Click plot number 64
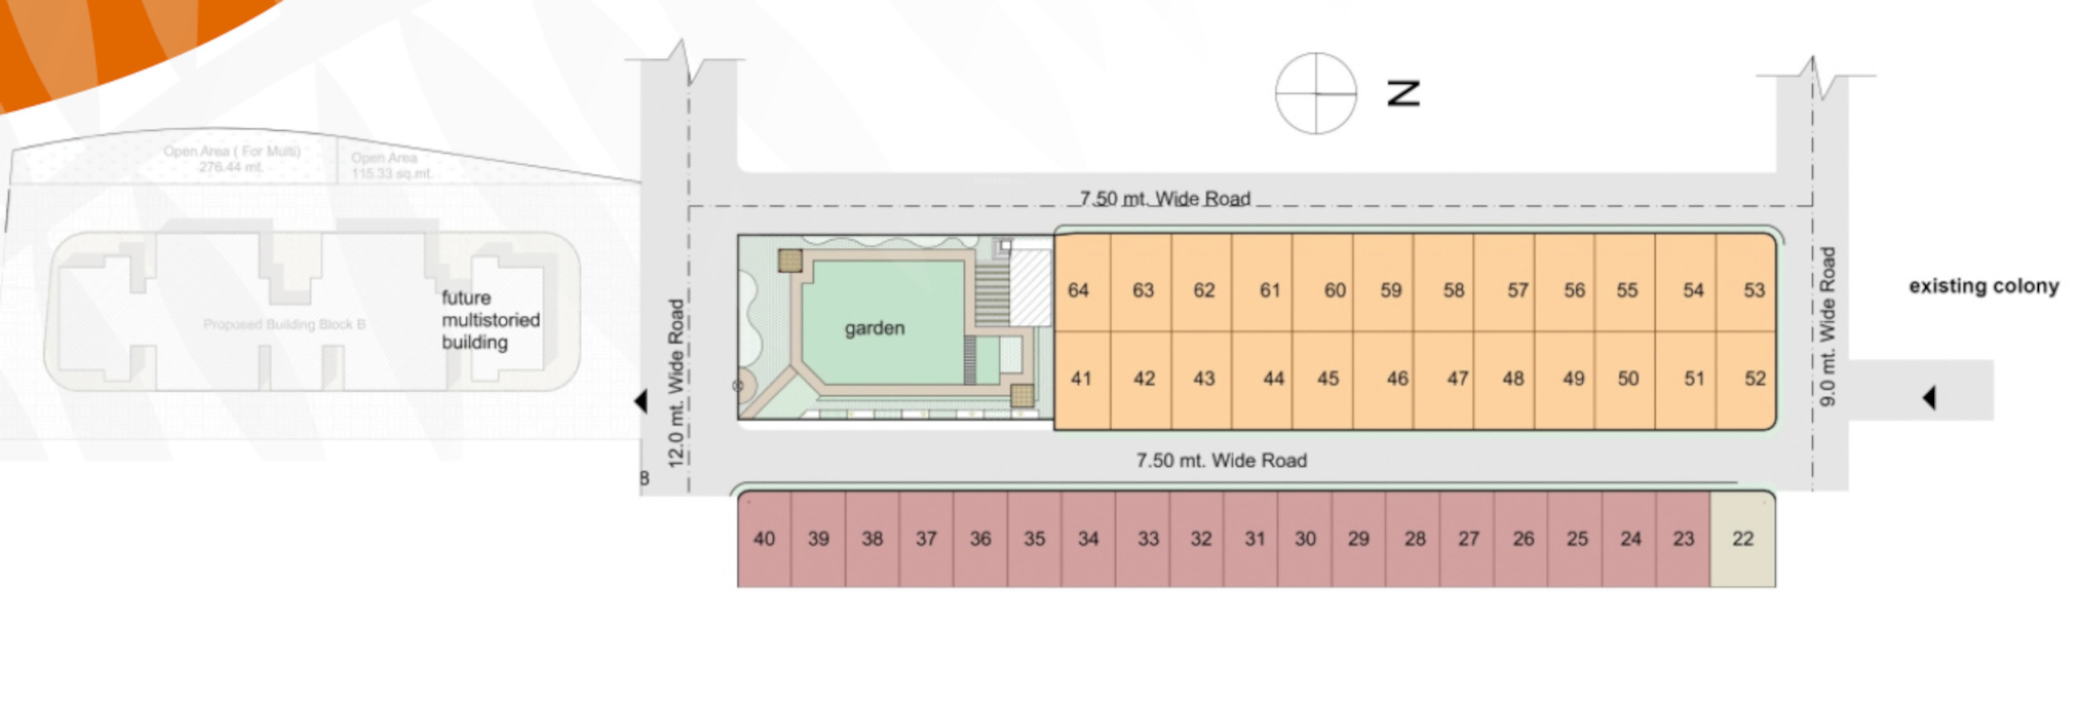[x=1078, y=290]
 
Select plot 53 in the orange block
[x=1754, y=290]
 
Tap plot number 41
[x=1081, y=379]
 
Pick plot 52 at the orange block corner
[x=1754, y=379]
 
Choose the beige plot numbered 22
[x=1742, y=538]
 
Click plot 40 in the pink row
[x=764, y=538]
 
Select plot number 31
[x=1255, y=538]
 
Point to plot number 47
[x=1458, y=379]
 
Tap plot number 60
[x=1334, y=290]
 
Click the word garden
[x=875, y=328]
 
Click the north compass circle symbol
[x=1316, y=94]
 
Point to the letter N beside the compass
[x=1403, y=94]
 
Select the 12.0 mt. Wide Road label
[x=676, y=383]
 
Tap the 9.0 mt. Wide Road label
[x=1827, y=327]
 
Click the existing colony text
[x=1984, y=286]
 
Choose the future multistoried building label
[x=490, y=320]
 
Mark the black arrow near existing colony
[x=1928, y=398]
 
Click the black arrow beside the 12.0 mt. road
[x=641, y=400]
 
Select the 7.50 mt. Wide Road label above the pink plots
[x=1221, y=461]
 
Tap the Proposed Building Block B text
[x=284, y=325]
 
